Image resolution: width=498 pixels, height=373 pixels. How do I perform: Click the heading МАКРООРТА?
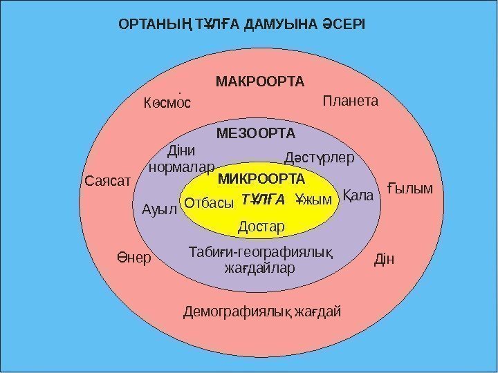coord(260,82)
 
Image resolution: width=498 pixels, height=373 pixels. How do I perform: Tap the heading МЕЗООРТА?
coord(257,133)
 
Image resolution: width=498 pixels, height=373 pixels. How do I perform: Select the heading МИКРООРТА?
coord(261,180)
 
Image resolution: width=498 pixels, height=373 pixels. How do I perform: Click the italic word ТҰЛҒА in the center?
coord(264,200)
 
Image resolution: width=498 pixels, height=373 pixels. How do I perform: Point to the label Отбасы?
coord(210,203)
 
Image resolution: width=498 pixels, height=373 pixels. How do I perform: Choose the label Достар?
coord(261,227)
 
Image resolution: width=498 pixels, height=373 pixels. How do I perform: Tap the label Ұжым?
coord(313,200)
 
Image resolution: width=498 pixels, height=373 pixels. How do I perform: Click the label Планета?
coord(351,102)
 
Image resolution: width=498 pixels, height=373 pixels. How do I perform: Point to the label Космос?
coord(167,104)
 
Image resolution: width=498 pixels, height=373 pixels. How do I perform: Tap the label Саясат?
coord(107,182)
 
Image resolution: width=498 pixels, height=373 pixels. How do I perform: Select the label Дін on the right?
coord(383,260)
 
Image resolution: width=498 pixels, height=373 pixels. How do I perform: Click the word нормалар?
coord(182,166)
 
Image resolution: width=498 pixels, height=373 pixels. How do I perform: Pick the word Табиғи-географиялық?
coord(261,251)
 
